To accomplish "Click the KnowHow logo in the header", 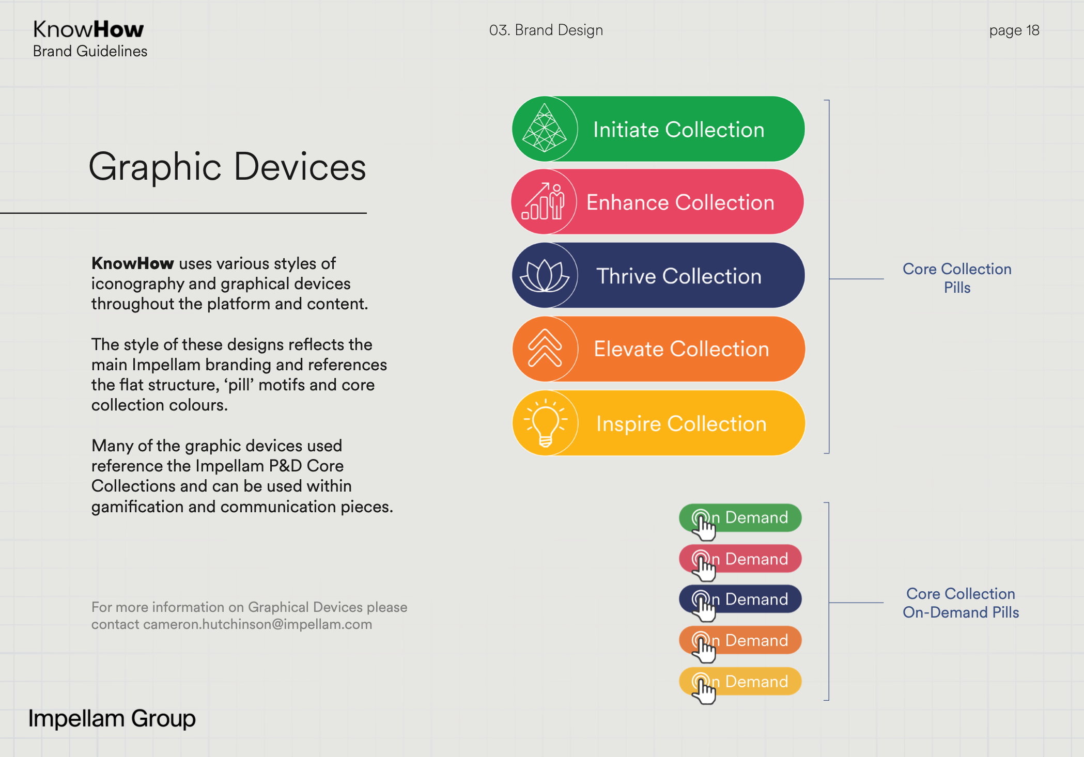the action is click(x=88, y=29).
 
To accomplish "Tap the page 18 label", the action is click(x=1014, y=30).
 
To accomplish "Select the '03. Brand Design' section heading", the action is click(x=546, y=30).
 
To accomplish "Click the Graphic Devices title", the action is click(x=227, y=167).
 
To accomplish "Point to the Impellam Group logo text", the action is click(x=112, y=718).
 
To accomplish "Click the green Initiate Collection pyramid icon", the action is click(x=545, y=128).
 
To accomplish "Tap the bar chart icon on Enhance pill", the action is click(x=543, y=201).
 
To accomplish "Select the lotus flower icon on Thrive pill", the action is click(x=545, y=275).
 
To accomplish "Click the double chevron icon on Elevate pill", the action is click(x=545, y=348).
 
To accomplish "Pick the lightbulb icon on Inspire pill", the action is click(x=545, y=423).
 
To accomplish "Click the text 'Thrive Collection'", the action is click(x=679, y=276).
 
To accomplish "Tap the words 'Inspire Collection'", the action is click(x=682, y=423).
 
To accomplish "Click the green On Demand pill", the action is click(x=740, y=517).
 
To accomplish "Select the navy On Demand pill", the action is click(x=740, y=599).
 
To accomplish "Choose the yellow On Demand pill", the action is click(x=740, y=682).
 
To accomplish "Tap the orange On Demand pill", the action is click(x=740, y=640).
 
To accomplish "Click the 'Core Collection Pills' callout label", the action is click(x=957, y=278).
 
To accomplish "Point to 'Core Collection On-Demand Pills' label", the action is click(x=961, y=603).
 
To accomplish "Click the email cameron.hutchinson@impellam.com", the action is click(x=257, y=624).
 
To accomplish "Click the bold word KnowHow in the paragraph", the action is click(x=132, y=263).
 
